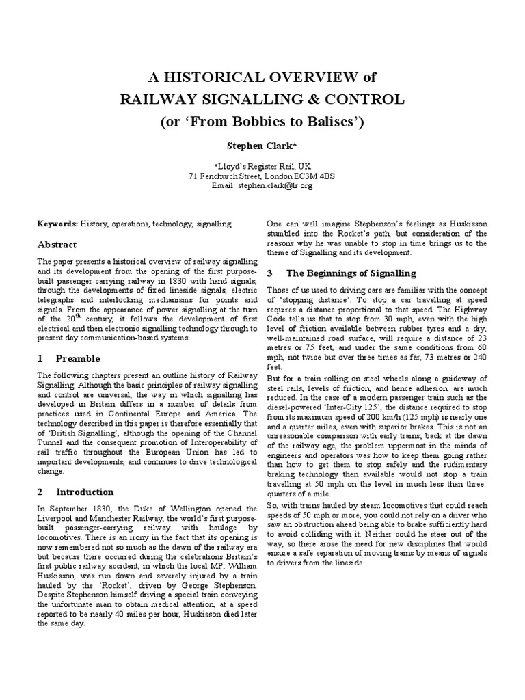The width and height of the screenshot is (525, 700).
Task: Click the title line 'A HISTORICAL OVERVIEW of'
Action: (262, 76)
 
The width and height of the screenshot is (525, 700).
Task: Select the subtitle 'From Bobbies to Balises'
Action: (267, 122)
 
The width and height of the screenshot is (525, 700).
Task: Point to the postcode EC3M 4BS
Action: (317, 175)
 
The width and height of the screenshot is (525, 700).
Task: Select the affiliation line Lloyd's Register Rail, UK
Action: (262, 165)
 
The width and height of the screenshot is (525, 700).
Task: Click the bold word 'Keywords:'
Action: (57, 224)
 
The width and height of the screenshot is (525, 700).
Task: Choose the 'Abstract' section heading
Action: (57, 245)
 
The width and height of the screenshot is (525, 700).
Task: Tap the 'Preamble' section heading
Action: (77, 358)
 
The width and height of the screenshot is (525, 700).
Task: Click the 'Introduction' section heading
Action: (85, 492)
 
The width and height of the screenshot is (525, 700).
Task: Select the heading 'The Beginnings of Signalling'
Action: (351, 273)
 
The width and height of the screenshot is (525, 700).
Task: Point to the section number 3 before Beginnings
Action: (269, 273)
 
